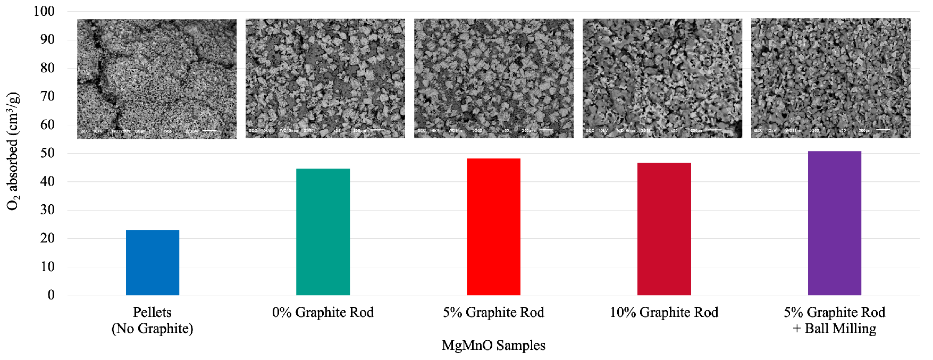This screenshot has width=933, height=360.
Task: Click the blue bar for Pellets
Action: pos(153,263)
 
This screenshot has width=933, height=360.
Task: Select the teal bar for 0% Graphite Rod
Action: pos(323,232)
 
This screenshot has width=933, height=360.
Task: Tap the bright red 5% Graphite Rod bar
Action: pos(493,227)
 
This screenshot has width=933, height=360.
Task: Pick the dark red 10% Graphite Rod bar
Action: pos(664,229)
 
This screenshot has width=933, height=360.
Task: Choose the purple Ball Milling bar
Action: pos(834,223)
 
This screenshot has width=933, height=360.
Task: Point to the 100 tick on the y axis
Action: pos(44,11)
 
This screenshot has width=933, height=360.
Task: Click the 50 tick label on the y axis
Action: pos(47,153)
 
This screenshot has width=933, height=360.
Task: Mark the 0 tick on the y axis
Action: pos(51,295)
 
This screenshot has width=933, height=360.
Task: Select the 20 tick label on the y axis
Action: pos(47,238)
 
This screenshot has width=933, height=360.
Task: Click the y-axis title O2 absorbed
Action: pos(13,152)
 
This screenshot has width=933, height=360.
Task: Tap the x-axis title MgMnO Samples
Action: pos(493,346)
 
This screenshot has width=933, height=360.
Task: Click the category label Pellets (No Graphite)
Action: pos(153,320)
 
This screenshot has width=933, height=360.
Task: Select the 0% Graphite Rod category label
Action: pos(323,312)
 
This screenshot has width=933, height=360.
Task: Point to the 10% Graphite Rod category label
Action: pos(664,312)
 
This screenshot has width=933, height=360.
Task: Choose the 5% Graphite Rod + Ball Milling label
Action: pos(834,320)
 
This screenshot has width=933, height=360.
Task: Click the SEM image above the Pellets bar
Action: pos(157,79)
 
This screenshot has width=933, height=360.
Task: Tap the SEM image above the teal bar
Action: pos(325,79)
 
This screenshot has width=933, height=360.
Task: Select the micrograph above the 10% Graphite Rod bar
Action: pos(662,79)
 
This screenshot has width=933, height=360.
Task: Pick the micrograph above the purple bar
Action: pos(831,79)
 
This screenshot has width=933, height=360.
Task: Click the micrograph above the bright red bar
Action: pos(494,79)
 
